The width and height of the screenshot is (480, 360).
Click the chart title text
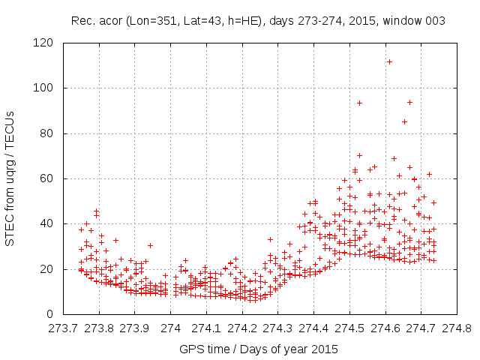[x=258, y=21]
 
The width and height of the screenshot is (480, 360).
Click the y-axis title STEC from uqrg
[x=10, y=178]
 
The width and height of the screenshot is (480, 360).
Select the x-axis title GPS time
[x=257, y=349]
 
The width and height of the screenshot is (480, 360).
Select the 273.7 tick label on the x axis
[x=63, y=328]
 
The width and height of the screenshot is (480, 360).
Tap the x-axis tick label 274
[x=171, y=328]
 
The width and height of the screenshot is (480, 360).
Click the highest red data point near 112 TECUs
[x=389, y=61]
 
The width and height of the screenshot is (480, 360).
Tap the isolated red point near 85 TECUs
[x=404, y=121]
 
